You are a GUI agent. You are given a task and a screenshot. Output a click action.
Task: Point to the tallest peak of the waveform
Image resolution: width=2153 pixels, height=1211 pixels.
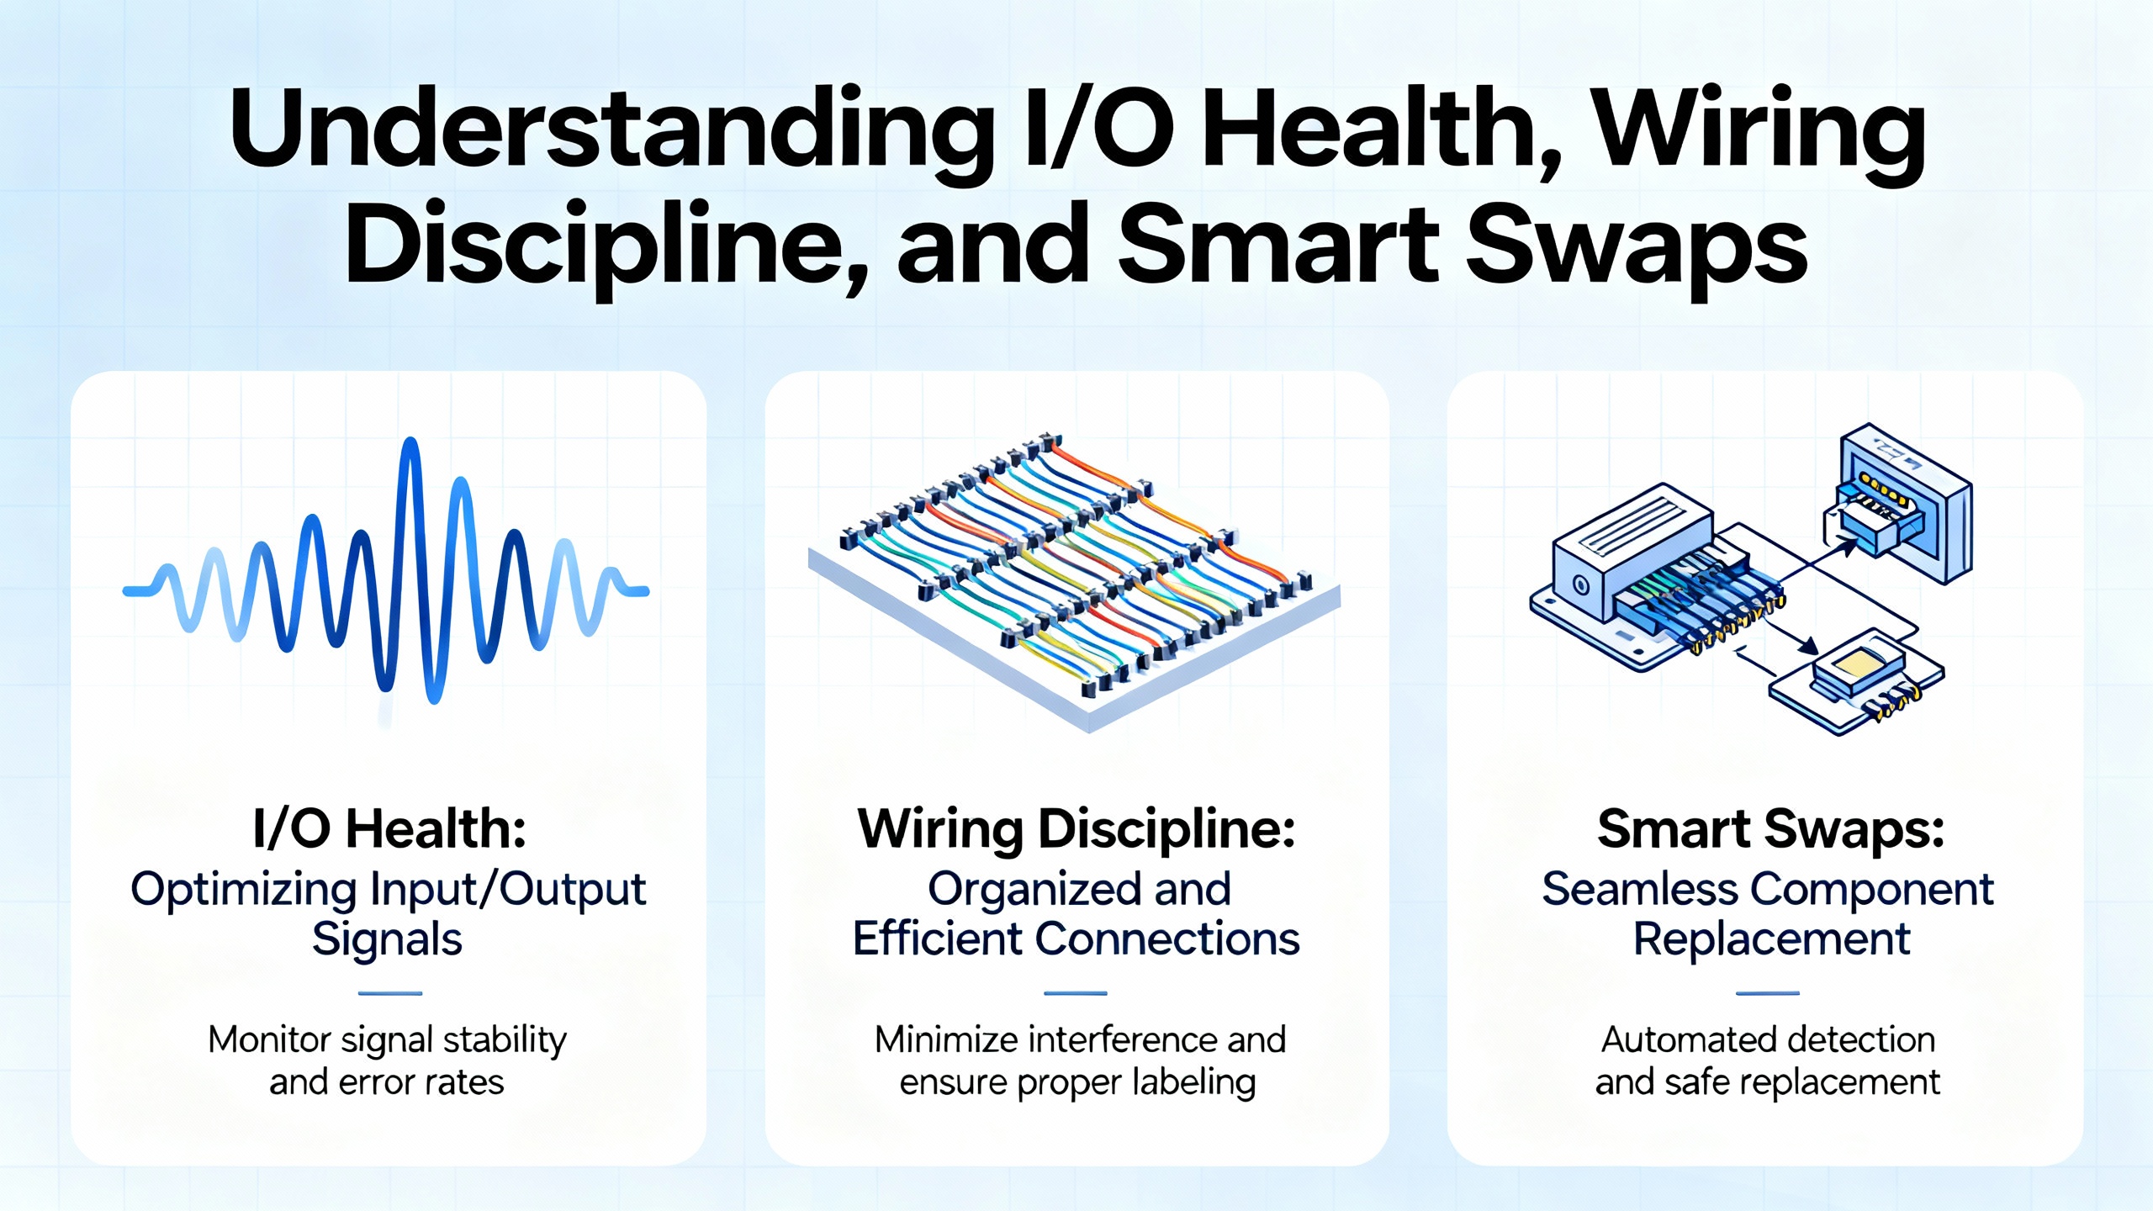pyautogui.click(x=410, y=446)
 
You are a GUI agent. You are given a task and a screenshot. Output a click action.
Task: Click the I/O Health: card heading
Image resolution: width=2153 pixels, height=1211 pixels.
pyautogui.click(x=389, y=828)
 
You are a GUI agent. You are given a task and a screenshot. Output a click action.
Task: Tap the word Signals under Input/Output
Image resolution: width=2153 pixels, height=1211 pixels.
pyautogui.click(x=388, y=939)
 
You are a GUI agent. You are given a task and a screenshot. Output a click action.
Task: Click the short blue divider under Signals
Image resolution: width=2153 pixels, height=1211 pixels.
pyautogui.click(x=390, y=993)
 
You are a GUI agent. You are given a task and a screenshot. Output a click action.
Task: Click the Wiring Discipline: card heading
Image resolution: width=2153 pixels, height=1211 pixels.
pyautogui.click(x=1076, y=830)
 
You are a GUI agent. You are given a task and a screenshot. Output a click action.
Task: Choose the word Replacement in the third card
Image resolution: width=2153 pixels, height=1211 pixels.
pyautogui.click(x=1772, y=939)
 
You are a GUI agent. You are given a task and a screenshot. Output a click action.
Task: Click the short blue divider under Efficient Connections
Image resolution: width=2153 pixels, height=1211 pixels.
pyautogui.click(x=1076, y=993)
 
